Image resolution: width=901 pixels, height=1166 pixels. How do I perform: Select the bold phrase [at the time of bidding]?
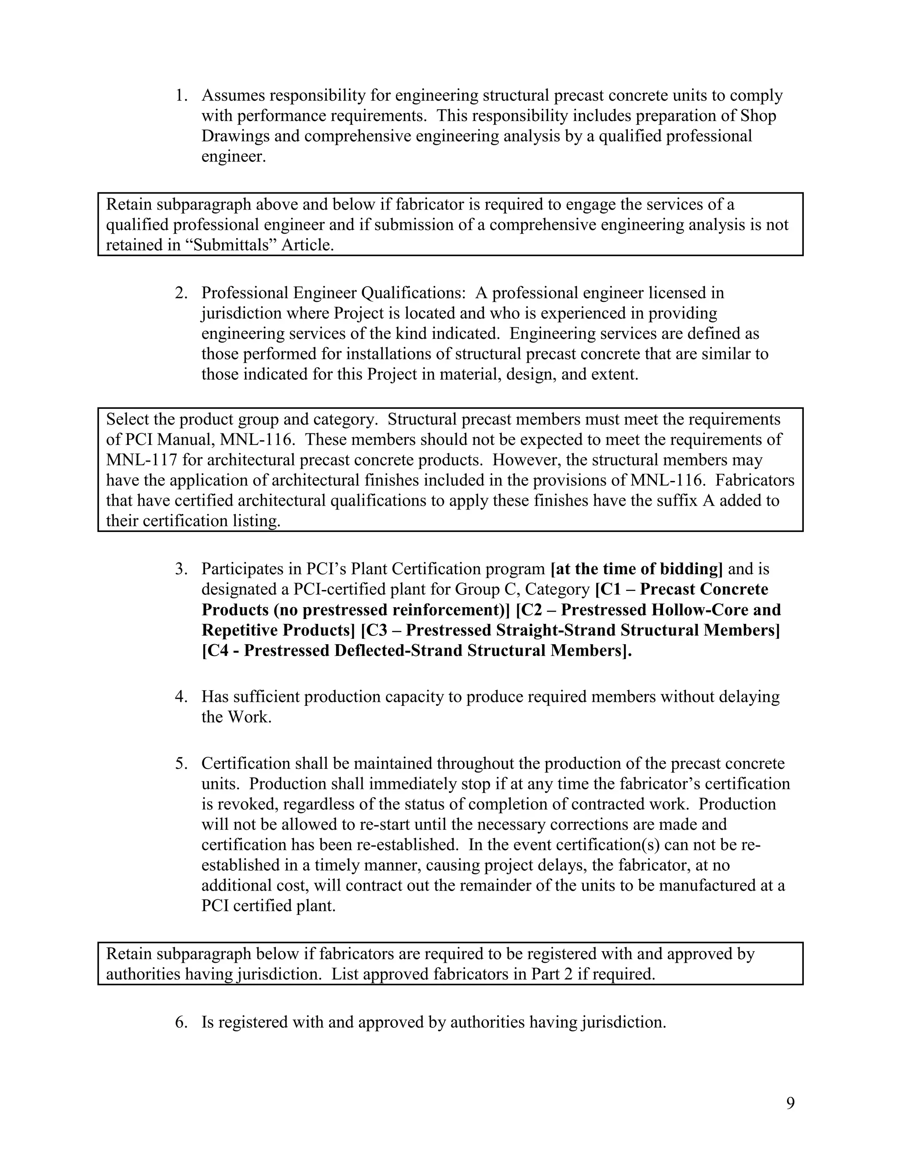click(636, 569)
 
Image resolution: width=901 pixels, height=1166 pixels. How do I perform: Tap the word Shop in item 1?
click(758, 116)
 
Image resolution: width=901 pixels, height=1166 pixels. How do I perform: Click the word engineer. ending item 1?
click(233, 157)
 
